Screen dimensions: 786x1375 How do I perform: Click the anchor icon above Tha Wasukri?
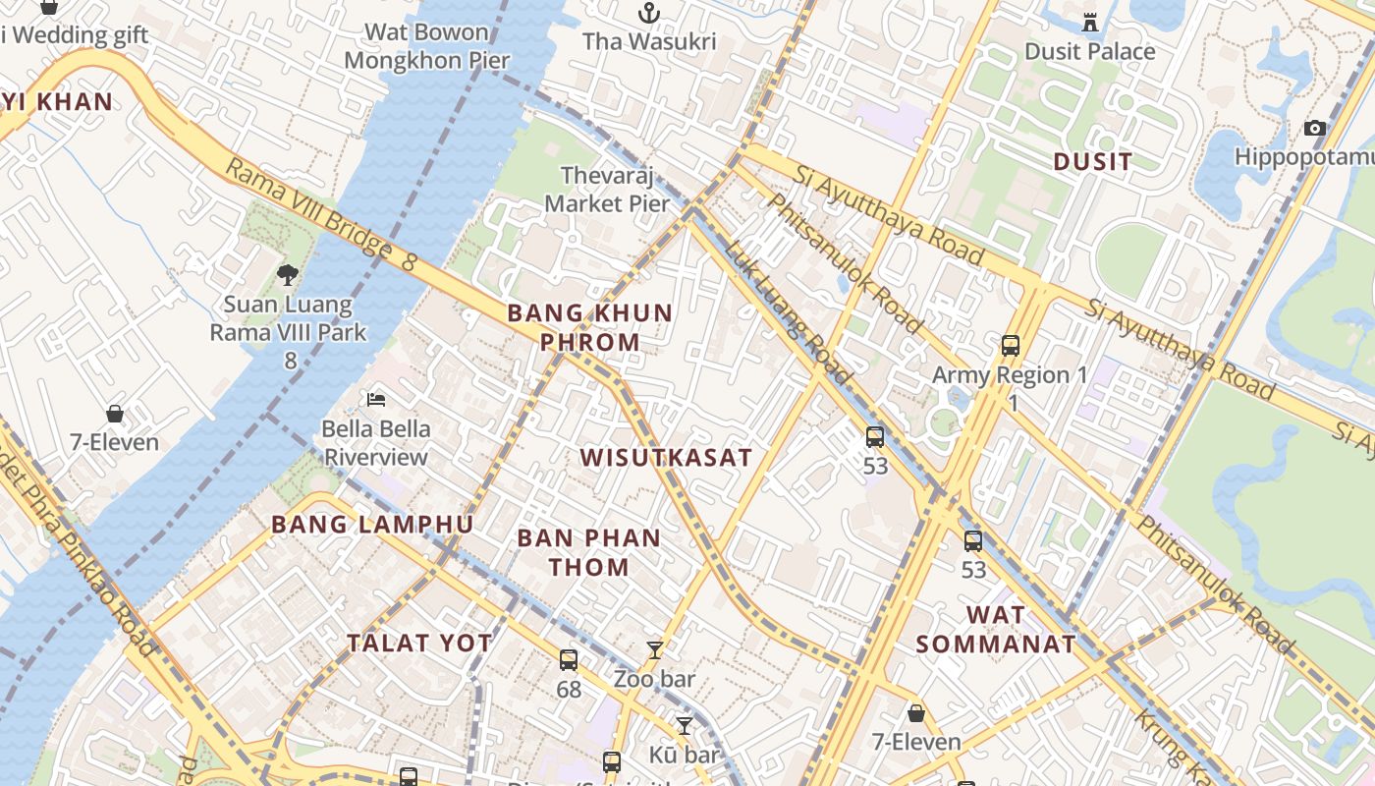pos(648,13)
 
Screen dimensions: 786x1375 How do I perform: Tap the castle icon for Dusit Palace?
pos(1089,22)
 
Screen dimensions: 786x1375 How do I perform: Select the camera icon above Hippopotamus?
pos(1314,129)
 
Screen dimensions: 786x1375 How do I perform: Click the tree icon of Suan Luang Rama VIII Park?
pos(287,275)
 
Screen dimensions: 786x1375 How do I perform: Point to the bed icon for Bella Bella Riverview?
pos(376,399)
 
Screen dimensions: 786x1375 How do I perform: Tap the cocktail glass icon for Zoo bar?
pos(655,649)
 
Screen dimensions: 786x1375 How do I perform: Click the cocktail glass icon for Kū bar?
pos(685,726)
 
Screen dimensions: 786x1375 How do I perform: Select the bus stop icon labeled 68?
pos(569,660)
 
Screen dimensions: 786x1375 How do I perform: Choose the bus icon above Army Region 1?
pos(1011,346)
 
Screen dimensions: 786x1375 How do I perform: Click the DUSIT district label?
pos(1092,161)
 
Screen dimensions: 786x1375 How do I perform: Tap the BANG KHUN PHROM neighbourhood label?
pos(589,327)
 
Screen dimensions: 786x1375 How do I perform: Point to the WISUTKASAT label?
pos(666,458)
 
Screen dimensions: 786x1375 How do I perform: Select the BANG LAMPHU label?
pos(372,525)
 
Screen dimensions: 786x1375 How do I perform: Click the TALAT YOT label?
pos(419,644)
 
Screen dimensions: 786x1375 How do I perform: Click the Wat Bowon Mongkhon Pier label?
pos(427,46)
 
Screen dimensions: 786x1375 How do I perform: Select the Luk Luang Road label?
pos(788,311)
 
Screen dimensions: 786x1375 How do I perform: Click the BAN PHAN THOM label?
pos(589,552)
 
